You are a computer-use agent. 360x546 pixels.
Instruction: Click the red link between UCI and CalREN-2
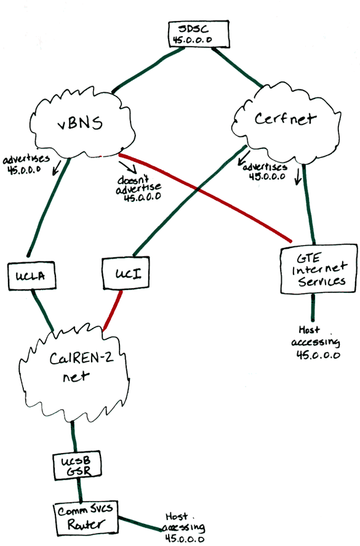(114, 306)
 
